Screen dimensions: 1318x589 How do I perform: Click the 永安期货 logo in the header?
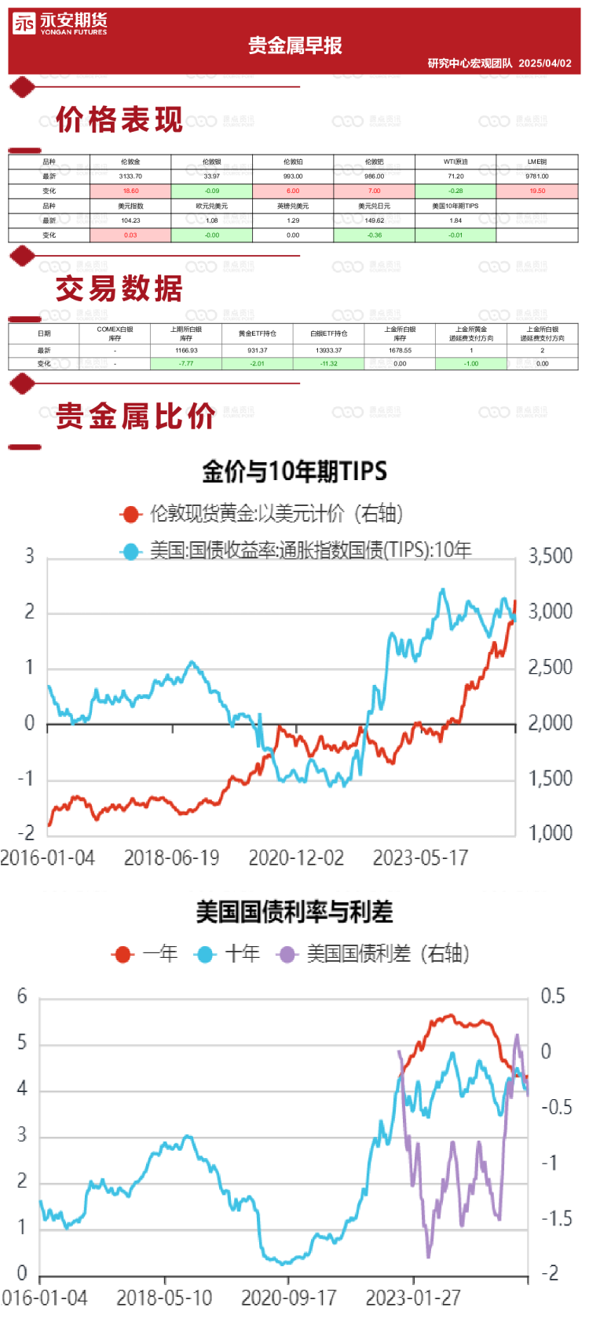(60, 24)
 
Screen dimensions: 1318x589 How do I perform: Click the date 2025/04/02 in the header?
(545, 64)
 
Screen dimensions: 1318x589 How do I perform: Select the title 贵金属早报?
(295, 46)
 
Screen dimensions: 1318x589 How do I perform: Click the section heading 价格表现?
(119, 120)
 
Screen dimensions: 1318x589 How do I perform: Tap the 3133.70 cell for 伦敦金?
(130, 177)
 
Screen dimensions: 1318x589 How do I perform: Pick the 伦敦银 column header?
(212, 162)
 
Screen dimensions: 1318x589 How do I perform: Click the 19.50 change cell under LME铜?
(537, 191)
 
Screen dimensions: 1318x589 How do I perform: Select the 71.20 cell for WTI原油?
(455, 177)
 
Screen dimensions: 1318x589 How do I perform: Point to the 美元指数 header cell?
(130, 206)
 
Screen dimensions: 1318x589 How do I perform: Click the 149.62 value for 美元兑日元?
(374, 220)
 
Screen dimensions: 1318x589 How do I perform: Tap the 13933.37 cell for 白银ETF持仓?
(328, 351)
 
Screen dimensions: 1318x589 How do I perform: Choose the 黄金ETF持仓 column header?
(258, 333)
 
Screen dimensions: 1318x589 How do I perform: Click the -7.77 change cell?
(186, 364)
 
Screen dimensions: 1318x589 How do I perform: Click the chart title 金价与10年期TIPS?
(294, 471)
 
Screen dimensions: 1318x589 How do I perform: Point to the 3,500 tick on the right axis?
(550, 556)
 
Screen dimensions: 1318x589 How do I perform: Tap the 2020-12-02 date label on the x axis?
(296, 857)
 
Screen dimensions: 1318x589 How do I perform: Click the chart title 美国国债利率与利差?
(294, 912)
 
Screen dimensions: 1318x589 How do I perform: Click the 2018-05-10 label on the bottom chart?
(164, 1298)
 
